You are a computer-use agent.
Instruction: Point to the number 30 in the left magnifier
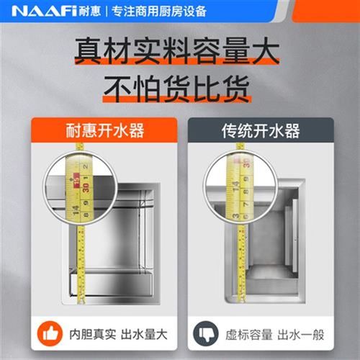[84, 186]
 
